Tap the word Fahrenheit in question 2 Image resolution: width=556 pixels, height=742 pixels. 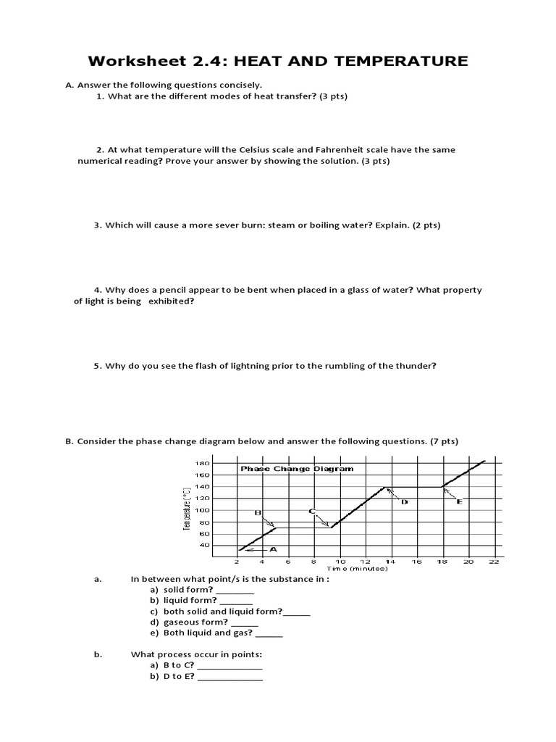click(328, 150)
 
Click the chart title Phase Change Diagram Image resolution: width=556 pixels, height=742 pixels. click(297, 469)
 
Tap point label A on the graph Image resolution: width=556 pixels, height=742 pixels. click(273, 549)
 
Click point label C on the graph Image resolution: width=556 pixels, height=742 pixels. click(311, 512)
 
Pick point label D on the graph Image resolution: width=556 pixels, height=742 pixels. click(404, 501)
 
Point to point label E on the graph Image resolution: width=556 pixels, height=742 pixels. click(460, 501)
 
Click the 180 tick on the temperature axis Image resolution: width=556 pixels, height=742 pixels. click(202, 463)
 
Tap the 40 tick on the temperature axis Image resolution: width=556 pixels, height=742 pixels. click(204, 545)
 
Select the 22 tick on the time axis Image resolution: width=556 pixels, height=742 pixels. click(494, 562)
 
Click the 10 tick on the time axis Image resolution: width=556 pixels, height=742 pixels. click(340, 562)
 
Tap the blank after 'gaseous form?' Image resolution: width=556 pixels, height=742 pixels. click(246, 622)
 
